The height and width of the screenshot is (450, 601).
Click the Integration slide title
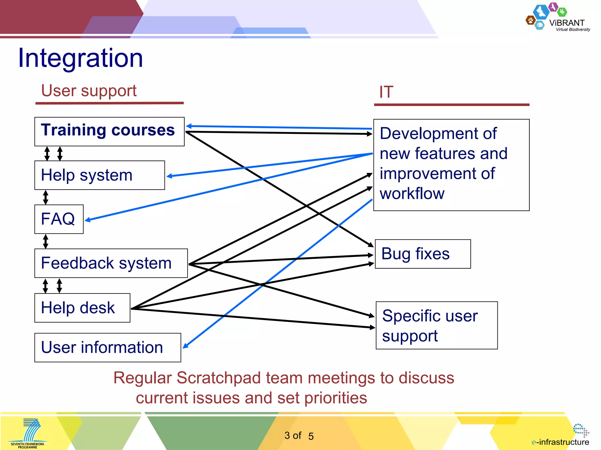[80, 58]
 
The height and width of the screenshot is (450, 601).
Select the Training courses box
[109, 132]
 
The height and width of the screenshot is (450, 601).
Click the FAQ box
[59, 219]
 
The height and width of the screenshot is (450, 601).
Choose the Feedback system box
[111, 263]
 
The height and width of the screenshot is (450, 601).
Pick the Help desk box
[82, 308]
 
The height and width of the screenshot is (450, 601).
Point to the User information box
[107, 347]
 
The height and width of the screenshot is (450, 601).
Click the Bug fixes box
[423, 254]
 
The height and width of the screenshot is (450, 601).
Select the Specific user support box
[436, 325]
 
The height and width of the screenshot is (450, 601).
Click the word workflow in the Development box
[412, 194]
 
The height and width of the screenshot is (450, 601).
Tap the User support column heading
[89, 91]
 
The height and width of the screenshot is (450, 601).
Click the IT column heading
[386, 92]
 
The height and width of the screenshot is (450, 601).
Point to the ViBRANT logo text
[567, 23]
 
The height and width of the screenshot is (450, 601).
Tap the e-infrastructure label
[560, 442]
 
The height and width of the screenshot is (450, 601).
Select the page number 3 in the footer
[287, 436]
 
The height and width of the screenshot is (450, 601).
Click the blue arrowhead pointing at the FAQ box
[87, 220]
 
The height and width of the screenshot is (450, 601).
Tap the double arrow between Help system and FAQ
[45, 197]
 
